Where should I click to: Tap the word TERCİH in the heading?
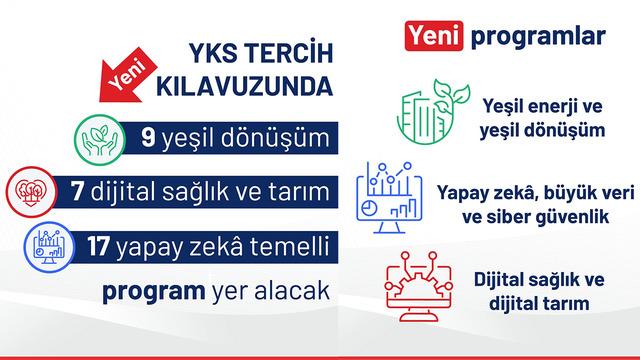291,53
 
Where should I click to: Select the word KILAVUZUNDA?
245,87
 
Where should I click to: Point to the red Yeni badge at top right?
431,37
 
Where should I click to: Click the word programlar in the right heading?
528,38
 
